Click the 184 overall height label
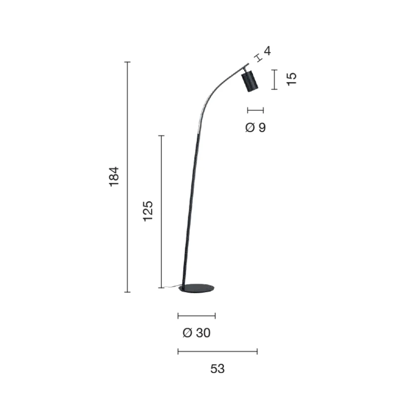(114, 177)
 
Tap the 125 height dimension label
(148, 211)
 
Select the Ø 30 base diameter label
(196, 333)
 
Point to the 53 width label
(218, 369)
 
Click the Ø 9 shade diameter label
(255, 127)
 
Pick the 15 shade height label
(292, 79)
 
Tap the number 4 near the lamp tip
(267, 51)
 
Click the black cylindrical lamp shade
(250, 81)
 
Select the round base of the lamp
(197, 288)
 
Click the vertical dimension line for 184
(127, 177)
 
